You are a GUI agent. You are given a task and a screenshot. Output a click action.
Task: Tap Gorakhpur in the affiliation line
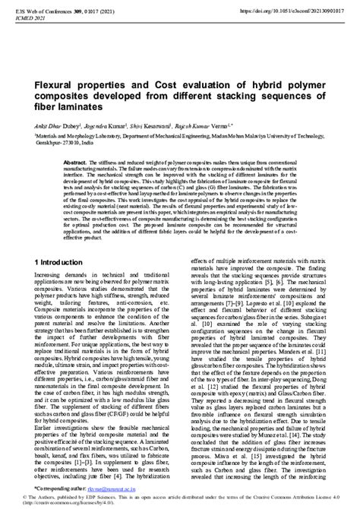pos(47,141)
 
